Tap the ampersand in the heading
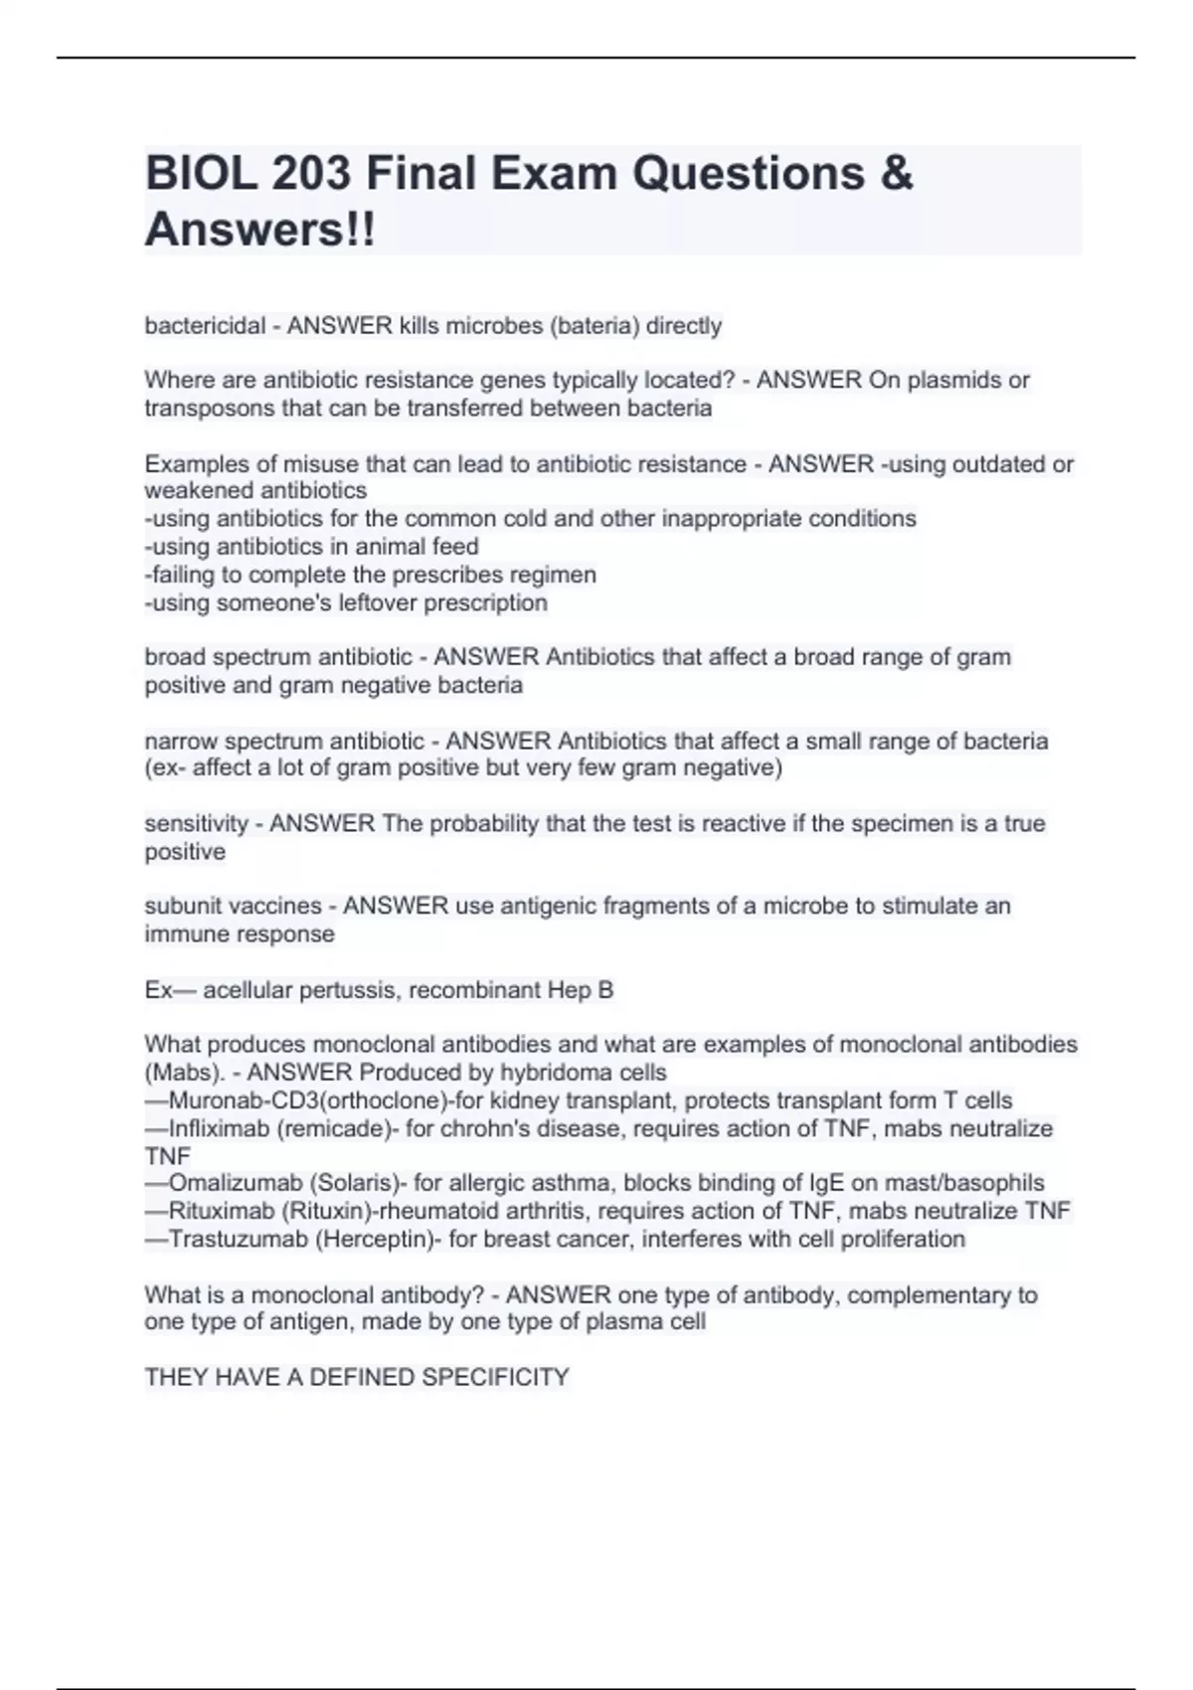click(896, 174)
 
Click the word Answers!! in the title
click(260, 231)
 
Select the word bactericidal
click(205, 326)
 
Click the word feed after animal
click(455, 547)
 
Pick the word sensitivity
click(196, 823)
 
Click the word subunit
click(184, 906)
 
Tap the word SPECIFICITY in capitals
click(495, 1377)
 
